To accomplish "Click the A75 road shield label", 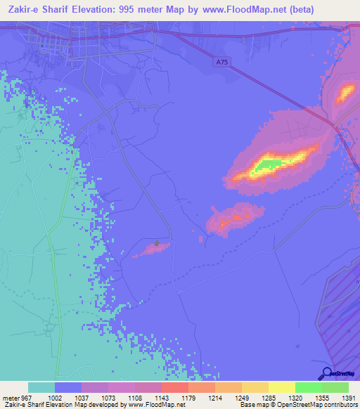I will click(221, 63).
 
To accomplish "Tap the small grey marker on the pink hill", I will click(157, 245).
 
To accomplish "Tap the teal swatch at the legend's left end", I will click(41, 387).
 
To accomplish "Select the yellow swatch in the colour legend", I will click(281, 387).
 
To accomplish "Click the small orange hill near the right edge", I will click(346, 92).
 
